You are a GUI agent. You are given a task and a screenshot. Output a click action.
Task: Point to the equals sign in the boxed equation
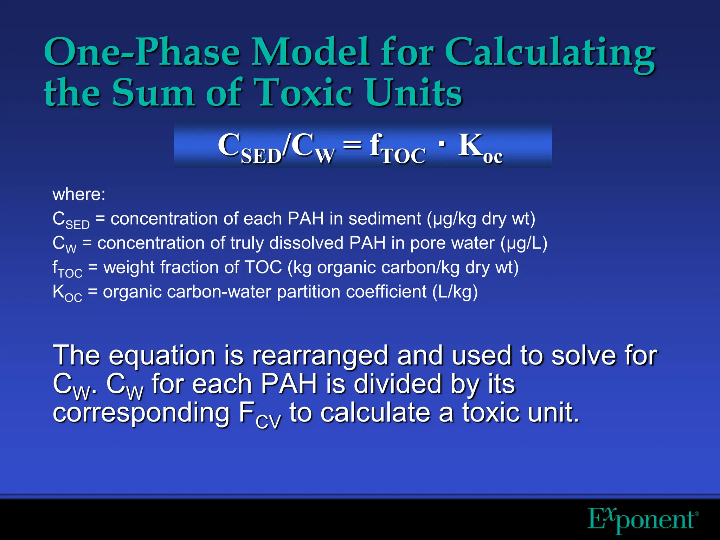(x=352, y=145)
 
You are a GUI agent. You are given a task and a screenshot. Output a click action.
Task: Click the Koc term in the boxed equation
(x=480, y=148)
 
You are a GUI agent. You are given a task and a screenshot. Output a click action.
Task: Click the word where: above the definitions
(x=79, y=194)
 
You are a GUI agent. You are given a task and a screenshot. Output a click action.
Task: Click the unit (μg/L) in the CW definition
(x=524, y=243)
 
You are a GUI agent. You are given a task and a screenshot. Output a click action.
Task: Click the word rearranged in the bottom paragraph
(x=320, y=356)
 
